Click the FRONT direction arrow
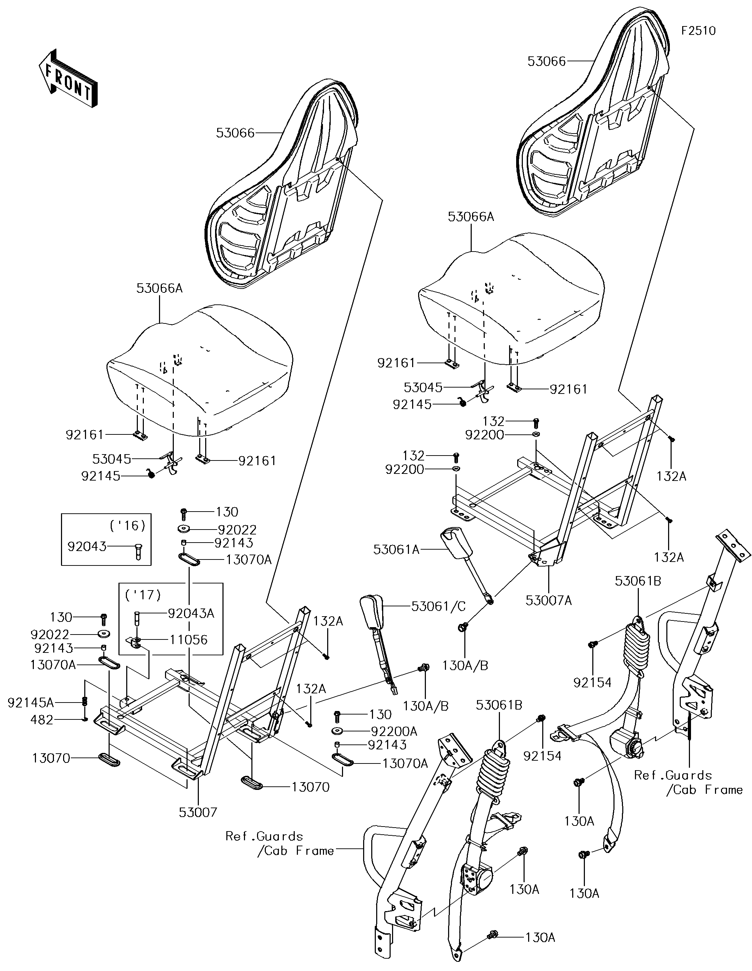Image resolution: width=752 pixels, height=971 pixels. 68,78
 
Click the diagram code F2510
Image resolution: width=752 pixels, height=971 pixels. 699,31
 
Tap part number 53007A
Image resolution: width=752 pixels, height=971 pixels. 549,600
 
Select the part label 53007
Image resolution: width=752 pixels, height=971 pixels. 198,812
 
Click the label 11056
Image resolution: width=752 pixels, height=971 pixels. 189,640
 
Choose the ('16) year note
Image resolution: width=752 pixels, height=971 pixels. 127,526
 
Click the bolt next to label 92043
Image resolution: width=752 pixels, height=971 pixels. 137,552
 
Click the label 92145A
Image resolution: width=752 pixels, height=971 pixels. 31,703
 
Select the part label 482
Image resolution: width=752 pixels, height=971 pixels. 42,720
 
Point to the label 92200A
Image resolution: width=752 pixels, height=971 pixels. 394,731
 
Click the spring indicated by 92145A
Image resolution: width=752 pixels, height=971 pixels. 85,702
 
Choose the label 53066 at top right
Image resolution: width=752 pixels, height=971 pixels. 547,61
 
